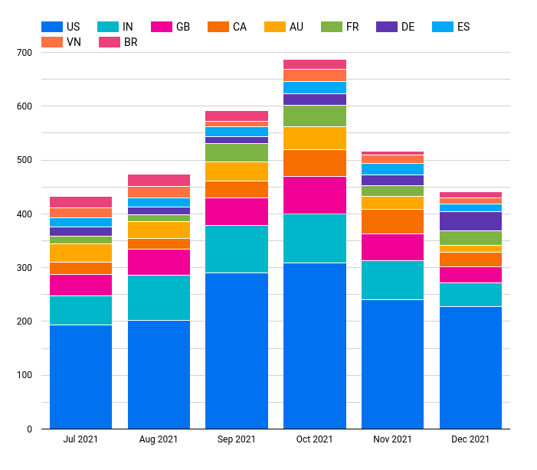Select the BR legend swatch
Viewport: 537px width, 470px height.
[x=110, y=42]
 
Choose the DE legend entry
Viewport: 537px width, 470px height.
[x=398, y=27]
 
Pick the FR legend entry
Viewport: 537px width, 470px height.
[x=342, y=27]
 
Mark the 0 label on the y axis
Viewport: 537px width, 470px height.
[x=29, y=429]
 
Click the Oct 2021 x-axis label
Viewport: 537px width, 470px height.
[x=314, y=439]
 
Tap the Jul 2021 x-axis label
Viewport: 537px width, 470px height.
[x=80, y=439]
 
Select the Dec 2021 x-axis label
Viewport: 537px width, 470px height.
[x=470, y=439]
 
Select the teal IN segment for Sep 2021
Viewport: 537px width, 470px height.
[x=237, y=249]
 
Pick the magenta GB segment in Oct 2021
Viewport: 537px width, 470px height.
[x=314, y=195]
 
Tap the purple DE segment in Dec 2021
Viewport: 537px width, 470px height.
[x=470, y=221]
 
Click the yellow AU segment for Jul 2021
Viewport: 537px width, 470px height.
[x=80, y=253]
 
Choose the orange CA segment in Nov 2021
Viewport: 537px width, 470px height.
[x=392, y=221]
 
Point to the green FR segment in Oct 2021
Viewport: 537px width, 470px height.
[x=314, y=116]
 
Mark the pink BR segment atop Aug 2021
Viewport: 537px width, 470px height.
[x=159, y=180]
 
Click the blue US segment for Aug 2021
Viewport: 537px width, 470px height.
[x=159, y=374]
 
